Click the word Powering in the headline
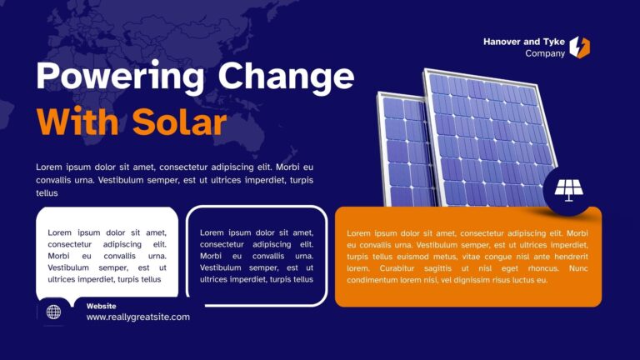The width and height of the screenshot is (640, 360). coord(120,77)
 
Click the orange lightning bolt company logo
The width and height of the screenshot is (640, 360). coord(579,47)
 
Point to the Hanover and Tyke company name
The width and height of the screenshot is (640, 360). coord(524,41)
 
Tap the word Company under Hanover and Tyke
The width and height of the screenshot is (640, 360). coord(545,53)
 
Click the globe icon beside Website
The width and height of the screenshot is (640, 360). coord(53,312)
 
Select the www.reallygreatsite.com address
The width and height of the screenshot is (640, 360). coord(137,317)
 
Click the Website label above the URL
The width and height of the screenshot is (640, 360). coord(102,306)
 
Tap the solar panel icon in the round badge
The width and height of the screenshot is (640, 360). coord(568,190)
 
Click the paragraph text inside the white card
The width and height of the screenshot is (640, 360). coord(107,256)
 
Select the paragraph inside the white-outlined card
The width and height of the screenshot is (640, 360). coord(257,256)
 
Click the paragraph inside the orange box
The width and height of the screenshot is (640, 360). coord(467,257)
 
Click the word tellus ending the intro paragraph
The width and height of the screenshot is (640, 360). coord(47,192)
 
